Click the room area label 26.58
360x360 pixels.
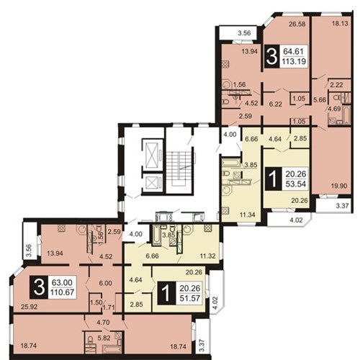click(297, 24)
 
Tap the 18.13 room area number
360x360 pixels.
click(340, 24)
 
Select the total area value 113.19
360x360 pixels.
click(294, 61)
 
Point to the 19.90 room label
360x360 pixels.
click(339, 186)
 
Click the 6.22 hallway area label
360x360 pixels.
click(275, 104)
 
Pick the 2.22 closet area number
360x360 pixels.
click(336, 85)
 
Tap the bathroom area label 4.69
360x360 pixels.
click(334, 109)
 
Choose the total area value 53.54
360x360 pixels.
click(296, 184)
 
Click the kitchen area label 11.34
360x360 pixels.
click(247, 215)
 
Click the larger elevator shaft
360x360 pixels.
click(153, 153)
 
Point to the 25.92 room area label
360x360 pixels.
click(29, 307)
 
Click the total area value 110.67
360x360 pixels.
click(63, 292)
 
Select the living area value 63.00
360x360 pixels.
click(62, 282)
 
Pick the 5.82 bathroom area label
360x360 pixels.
click(104, 338)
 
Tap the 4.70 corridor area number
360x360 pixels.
click(103, 323)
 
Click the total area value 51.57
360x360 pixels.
click(189, 298)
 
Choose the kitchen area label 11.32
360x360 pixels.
click(208, 256)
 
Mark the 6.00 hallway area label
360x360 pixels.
click(105, 283)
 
